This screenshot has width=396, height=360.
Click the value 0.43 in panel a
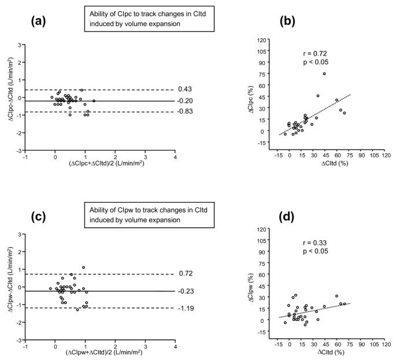pos(186,89)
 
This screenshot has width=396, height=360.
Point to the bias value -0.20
pos(185,101)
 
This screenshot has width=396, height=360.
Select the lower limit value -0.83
pos(185,112)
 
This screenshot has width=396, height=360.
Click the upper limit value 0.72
pos(186,274)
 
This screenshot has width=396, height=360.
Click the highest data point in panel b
pos(324,74)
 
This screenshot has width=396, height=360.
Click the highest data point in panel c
pos(83,267)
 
